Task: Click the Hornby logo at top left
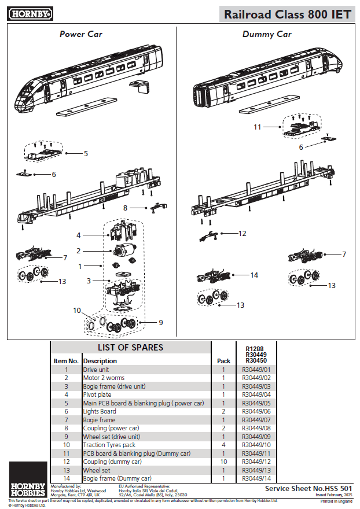tap(30, 12)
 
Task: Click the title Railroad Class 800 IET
tap(287, 14)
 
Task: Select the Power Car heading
tap(80, 34)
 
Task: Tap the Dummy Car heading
tap(267, 34)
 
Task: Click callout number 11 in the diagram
tap(258, 126)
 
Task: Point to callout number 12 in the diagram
tap(243, 233)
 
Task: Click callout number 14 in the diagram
tap(254, 275)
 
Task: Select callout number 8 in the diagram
tap(125, 207)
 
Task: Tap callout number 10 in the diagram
tap(77, 311)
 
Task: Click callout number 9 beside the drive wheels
tap(161, 322)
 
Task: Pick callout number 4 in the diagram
tap(79, 235)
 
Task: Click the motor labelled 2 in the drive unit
tap(123, 251)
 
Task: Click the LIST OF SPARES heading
tap(130, 348)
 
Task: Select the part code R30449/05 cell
tap(258, 403)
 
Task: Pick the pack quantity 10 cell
tap(223, 462)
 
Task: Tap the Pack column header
tap(223, 360)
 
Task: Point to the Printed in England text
tap(336, 501)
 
